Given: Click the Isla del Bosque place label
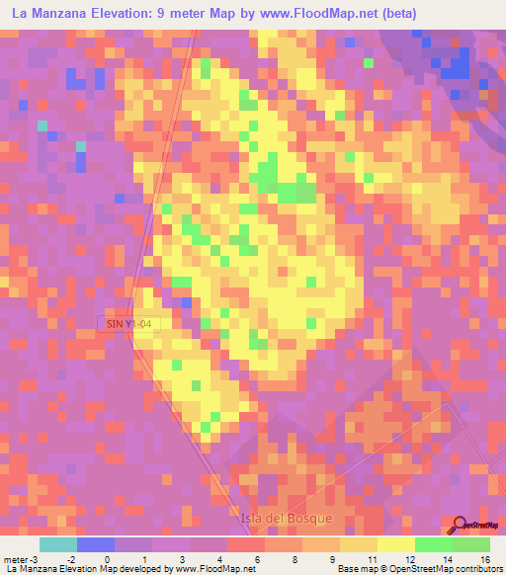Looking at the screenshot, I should tap(288, 517).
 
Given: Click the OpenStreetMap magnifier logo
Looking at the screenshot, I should tap(459, 526).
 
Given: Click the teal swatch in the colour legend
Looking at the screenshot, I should tap(58, 544).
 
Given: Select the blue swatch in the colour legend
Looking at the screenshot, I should tap(96, 544).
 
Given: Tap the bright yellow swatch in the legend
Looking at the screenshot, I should tap(395, 544).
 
